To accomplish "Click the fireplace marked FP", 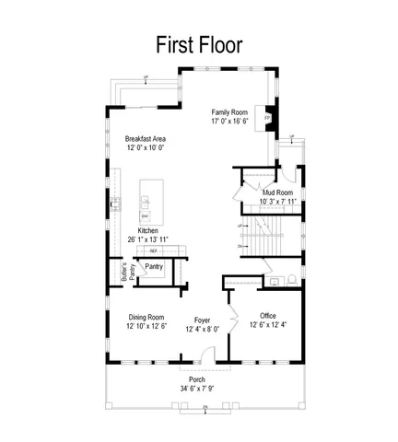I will (268, 118).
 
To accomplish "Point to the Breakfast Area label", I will (145, 138).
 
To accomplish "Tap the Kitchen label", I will (148, 230).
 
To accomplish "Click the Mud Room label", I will (277, 192).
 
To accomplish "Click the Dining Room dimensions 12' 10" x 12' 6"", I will (146, 326).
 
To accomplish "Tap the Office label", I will (268, 315).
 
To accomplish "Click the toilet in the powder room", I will (291, 277).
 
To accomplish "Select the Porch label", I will (197, 379).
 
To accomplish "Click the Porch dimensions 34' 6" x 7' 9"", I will (197, 390).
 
